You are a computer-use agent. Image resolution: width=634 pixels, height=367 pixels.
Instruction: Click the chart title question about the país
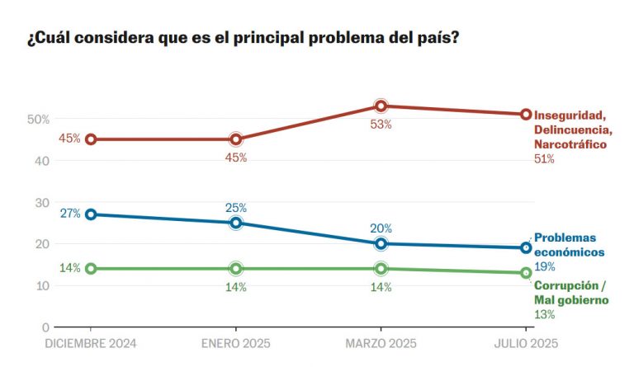point(243,40)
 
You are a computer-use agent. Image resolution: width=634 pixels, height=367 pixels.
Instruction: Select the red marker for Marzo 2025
point(381,106)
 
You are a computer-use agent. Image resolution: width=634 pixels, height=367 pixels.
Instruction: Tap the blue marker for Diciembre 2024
point(91,214)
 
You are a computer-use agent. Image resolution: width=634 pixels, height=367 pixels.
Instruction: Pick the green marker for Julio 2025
point(526,273)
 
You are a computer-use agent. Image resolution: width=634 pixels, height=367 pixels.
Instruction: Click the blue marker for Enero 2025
point(236,223)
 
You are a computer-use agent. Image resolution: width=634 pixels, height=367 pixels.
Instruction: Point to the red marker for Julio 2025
point(526,115)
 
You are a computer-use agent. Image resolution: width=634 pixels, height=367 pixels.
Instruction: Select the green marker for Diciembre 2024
point(91,269)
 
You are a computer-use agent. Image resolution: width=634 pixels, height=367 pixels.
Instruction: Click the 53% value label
point(381,125)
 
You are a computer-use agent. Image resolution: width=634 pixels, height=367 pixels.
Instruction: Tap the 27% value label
point(69,214)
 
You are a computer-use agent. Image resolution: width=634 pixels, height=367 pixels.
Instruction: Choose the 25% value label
point(236,208)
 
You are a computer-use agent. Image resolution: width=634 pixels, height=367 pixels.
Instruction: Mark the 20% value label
point(381,228)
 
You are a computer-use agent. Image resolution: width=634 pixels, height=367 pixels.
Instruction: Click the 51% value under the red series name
point(544,159)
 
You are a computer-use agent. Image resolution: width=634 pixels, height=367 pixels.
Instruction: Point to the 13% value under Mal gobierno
point(544,314)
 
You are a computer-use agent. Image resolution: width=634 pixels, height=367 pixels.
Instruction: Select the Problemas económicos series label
point(570,245)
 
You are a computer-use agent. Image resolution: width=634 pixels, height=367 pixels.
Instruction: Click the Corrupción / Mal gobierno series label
point(571,293)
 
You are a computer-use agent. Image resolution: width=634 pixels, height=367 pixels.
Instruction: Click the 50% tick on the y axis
point(38,120)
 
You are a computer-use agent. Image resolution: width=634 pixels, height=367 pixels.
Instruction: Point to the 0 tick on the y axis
point(46,327)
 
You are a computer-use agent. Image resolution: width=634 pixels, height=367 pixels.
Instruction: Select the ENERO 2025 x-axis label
point(236,344)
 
